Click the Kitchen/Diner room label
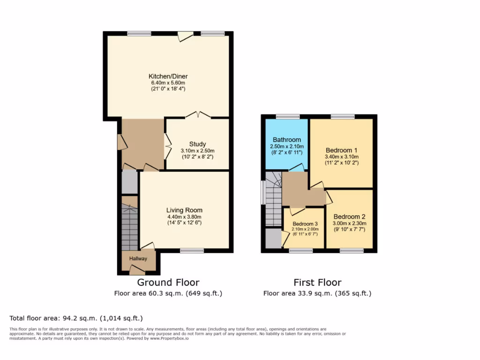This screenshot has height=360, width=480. tap(168, 76)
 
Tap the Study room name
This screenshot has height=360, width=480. tap(197, 144)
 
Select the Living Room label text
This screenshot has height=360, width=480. tap(184, 210)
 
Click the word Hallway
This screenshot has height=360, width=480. tap(138, 259)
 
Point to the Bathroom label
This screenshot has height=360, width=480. tap(287, 140)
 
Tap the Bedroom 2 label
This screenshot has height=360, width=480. tap(349, 217)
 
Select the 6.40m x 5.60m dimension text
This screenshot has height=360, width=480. tap(168, 83)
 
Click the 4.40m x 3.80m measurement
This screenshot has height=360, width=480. tap(184, 217)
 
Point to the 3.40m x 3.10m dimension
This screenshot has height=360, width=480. tap(341, 157)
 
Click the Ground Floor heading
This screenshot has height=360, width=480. tap(168, 282)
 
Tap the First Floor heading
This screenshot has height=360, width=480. tap(317, 282)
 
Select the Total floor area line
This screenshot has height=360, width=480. tap(76, 318)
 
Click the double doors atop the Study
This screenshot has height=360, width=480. tap(197, 115)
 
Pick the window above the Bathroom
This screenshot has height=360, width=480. tap(288, 116)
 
